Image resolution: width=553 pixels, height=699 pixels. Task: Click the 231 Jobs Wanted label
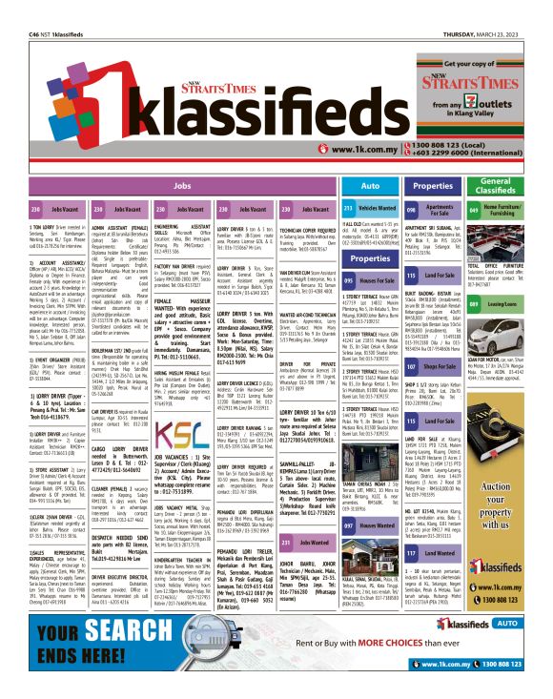305,542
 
